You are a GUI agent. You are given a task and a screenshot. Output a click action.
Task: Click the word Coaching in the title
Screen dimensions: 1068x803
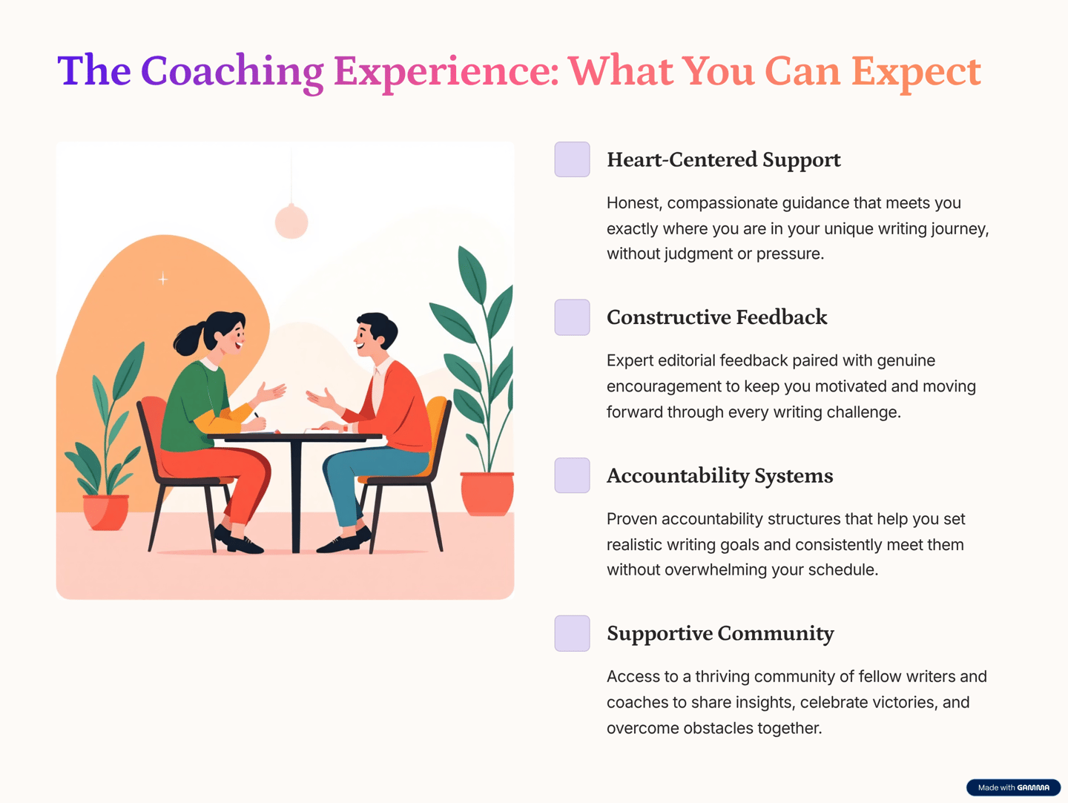tap(232, 73)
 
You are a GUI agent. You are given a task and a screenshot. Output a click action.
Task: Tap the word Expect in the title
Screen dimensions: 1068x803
tap(916, 73)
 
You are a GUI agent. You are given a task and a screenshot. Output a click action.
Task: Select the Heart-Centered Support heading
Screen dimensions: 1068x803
tap(724, 160)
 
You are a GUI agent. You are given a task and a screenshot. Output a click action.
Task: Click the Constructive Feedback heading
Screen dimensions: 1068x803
tap(716, 317)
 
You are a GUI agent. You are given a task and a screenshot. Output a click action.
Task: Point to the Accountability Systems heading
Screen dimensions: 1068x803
tap(719, 476)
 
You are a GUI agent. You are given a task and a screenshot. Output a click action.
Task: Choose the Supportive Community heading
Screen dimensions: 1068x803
tap(720, 634)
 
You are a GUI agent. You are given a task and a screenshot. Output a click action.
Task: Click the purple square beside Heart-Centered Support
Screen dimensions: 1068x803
tap(572, 159)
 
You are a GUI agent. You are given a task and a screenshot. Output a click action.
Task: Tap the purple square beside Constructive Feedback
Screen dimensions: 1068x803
tap(572, 317)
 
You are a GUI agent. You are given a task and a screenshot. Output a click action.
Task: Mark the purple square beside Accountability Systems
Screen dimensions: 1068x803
tap(572, 475)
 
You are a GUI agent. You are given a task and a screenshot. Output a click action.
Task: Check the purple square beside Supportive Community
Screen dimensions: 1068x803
tap(572, 633)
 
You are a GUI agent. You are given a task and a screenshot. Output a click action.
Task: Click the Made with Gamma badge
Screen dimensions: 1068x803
tap(1014, 787)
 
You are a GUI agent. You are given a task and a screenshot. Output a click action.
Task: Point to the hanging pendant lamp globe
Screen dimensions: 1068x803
tap(291, 222)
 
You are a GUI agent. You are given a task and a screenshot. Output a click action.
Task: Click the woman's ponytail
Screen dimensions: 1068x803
tap(189, 340)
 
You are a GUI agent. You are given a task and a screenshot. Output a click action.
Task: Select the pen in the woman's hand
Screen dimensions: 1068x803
tap(257, 415)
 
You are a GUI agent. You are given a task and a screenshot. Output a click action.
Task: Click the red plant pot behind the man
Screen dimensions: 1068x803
tap(487, 493)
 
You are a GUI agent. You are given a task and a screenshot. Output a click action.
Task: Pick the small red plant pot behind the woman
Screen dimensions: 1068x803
tap(105, 512)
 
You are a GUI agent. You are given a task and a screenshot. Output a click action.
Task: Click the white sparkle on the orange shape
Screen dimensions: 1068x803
tap(163, 279)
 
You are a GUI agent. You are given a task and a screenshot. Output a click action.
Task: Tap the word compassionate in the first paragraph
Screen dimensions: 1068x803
tap(724, 203)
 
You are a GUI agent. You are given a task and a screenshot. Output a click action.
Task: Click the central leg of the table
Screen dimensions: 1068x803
tap(295, 496)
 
